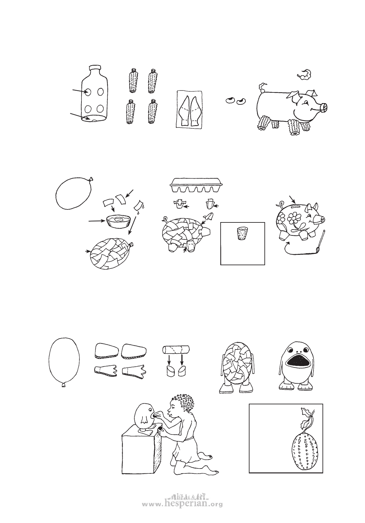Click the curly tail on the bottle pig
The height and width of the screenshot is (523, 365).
coord(262,87)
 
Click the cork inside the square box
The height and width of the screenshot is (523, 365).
coord(242,233)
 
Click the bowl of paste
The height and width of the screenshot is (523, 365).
coord(118,221)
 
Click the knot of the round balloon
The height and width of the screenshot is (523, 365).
coord(91,179)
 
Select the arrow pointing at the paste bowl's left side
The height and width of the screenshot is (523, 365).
coord(96,220)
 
